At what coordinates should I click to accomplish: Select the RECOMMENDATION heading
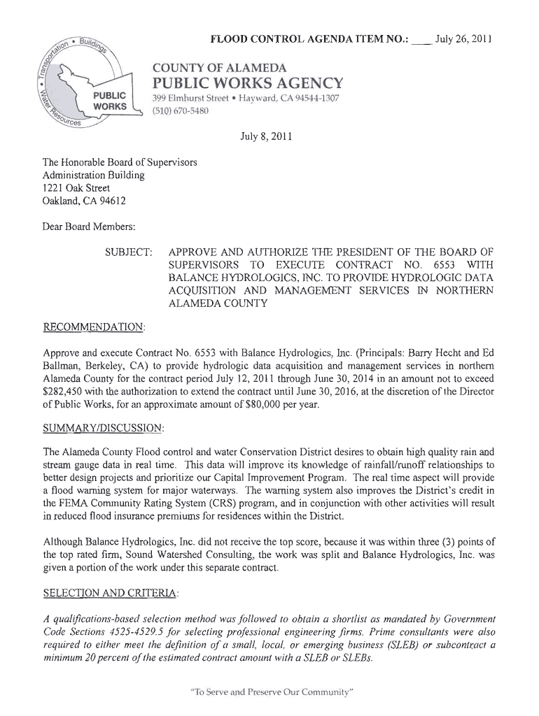click(x=94, y=327)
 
